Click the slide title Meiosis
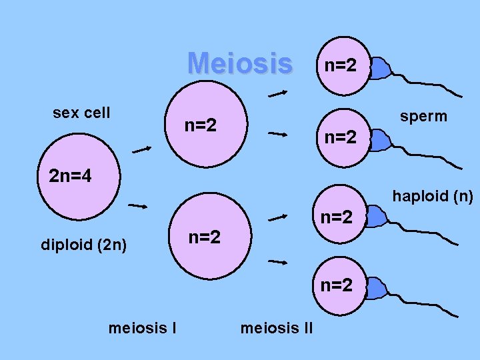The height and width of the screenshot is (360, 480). coord(240,64)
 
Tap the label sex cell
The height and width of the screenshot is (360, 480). coord(81,113)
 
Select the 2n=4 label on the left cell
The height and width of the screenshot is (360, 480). coord(70,177)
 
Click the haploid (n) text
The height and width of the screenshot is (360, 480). coord(433,196)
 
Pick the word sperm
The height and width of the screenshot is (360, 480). coord(423,117)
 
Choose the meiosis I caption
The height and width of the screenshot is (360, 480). coord(141,327)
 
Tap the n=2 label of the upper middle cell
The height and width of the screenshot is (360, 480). coord(201,124)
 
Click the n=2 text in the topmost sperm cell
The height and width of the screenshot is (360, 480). coord(340,65)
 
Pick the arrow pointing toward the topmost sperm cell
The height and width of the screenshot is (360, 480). coord(277,94)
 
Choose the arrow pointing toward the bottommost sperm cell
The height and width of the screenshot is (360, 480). coord(277,263)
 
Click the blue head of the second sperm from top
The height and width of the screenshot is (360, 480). coord(379,141)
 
